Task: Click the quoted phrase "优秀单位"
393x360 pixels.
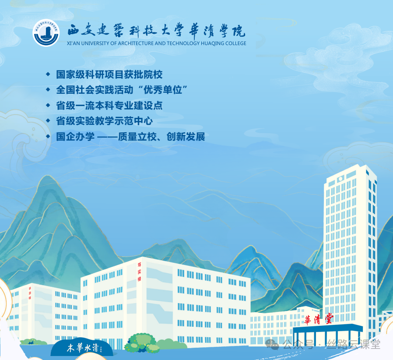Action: [165, 90]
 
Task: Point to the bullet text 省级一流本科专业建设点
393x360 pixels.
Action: [109, 106]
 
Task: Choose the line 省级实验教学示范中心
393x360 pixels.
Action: [104, 121]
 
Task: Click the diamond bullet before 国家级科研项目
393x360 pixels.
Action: [48, 74]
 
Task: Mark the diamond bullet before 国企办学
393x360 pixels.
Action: [48, 136]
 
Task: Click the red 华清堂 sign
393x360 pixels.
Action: [319, 319]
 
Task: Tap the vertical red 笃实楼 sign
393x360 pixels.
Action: [140, 272]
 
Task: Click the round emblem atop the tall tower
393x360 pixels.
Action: [340, 180]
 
